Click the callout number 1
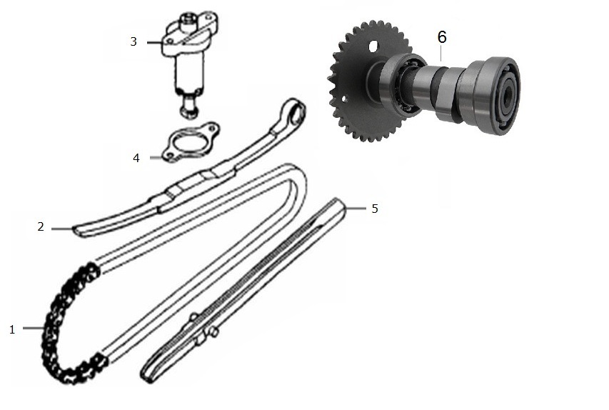12,329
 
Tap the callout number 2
41,226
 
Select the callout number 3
134,41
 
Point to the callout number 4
136,158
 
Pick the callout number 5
375,209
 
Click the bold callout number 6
442,37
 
